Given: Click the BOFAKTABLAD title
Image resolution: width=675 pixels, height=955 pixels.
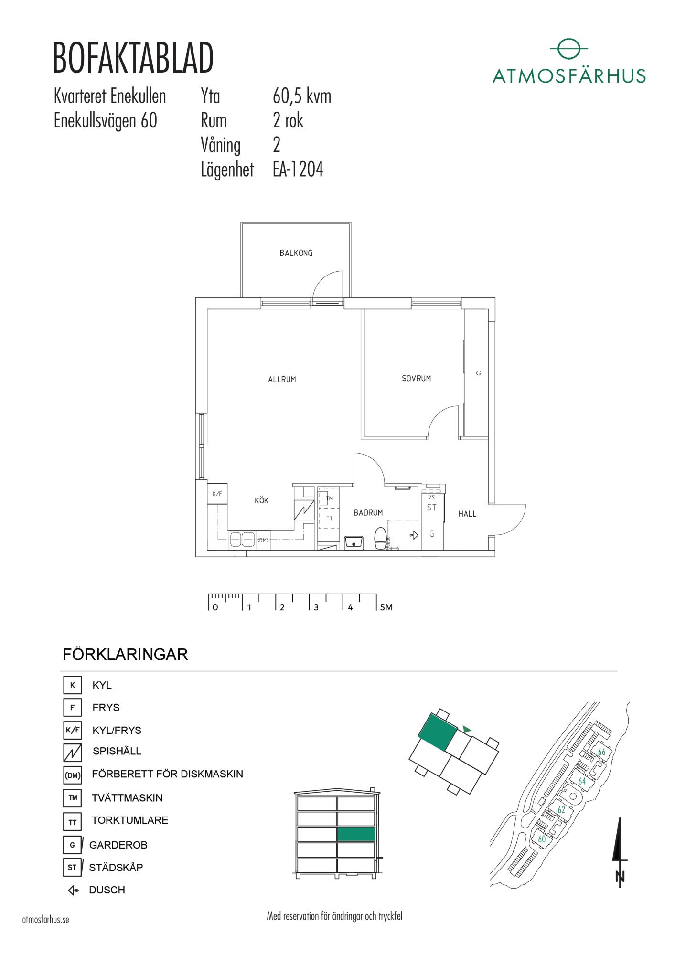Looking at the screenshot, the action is click(x=133, y=58).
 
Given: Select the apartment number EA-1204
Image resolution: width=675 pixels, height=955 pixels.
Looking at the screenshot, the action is click(x=298, y=170).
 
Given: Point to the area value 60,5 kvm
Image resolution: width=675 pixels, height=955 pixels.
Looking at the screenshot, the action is click(x=302, y=96).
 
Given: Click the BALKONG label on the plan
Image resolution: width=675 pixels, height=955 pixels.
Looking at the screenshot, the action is click(x=296, y=253).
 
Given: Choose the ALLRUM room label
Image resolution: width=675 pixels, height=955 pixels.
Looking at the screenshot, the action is click(x=282, y=380).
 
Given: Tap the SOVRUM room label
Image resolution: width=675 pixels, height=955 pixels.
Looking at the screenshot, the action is click(x=417, y=379).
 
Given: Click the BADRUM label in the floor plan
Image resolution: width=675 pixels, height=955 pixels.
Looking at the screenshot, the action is click(x=368, y=513).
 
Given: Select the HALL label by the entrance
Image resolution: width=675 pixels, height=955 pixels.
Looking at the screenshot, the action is click(x=467, y=514).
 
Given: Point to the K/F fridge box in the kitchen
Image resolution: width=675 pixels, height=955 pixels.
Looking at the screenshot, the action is click(x=217, y=494).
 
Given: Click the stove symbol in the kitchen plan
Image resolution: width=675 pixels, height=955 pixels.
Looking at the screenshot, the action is click(x=304, y=510).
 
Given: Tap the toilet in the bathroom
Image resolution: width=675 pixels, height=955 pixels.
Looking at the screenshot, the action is click(x=381, y=539).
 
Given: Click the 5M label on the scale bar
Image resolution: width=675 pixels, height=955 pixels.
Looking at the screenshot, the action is click(x=386, y=607).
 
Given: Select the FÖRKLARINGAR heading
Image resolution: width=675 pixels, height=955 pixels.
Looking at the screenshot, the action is click(x=125, y=654).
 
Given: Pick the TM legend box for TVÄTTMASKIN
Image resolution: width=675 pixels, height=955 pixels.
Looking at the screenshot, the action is click(x=73, y=798).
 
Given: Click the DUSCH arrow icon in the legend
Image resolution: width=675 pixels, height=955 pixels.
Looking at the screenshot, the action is click(x=73, y=891).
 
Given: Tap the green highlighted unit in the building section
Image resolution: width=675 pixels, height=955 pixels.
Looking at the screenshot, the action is click(x=356, y=834).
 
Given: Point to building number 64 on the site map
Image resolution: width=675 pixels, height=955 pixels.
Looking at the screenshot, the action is click(x=582, y=782).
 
